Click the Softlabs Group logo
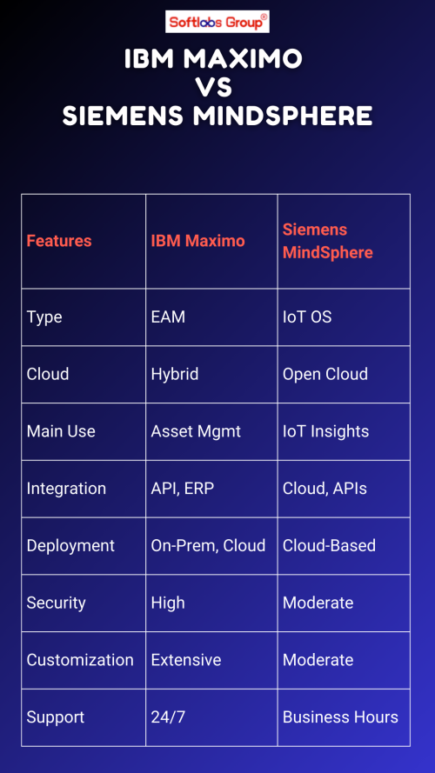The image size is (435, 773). click(x=217, y=22)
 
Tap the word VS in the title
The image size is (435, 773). click(x=213, y=88)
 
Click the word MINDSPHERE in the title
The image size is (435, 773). click(x=283, y=117)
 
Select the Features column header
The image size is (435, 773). click(x=59, y=241)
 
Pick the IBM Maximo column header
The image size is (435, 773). click(x=197, y=241)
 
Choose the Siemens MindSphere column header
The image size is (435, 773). click(x=327, y=241)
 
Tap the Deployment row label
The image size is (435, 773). click(x=70, y=546)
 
